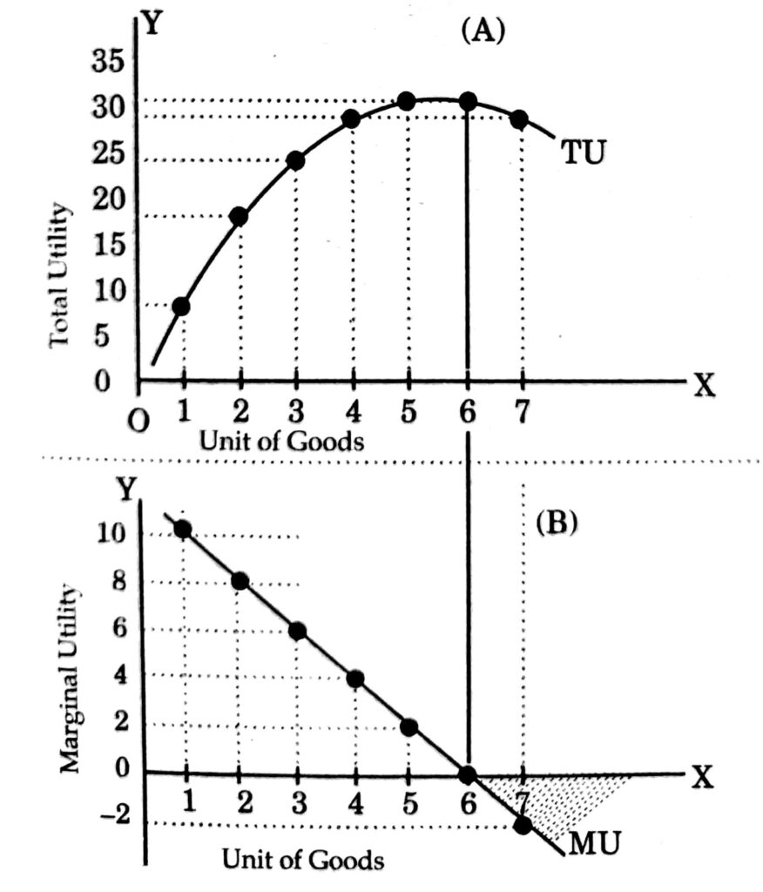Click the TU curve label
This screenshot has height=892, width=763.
tap(583, 152)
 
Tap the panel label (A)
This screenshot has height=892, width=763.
tap(482, 30)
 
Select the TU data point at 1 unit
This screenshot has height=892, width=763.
tap(182, 306)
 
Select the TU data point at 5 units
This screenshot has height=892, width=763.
tap(407, 101)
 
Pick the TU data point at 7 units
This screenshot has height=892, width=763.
tap(519, 120)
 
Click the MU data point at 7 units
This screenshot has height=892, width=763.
tap(523, 824)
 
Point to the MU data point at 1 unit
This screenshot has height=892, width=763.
tap(183, 529)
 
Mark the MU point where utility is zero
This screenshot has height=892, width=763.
tap(468, 774)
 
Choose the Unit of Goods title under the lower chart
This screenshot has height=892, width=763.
tap(302, 860)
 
